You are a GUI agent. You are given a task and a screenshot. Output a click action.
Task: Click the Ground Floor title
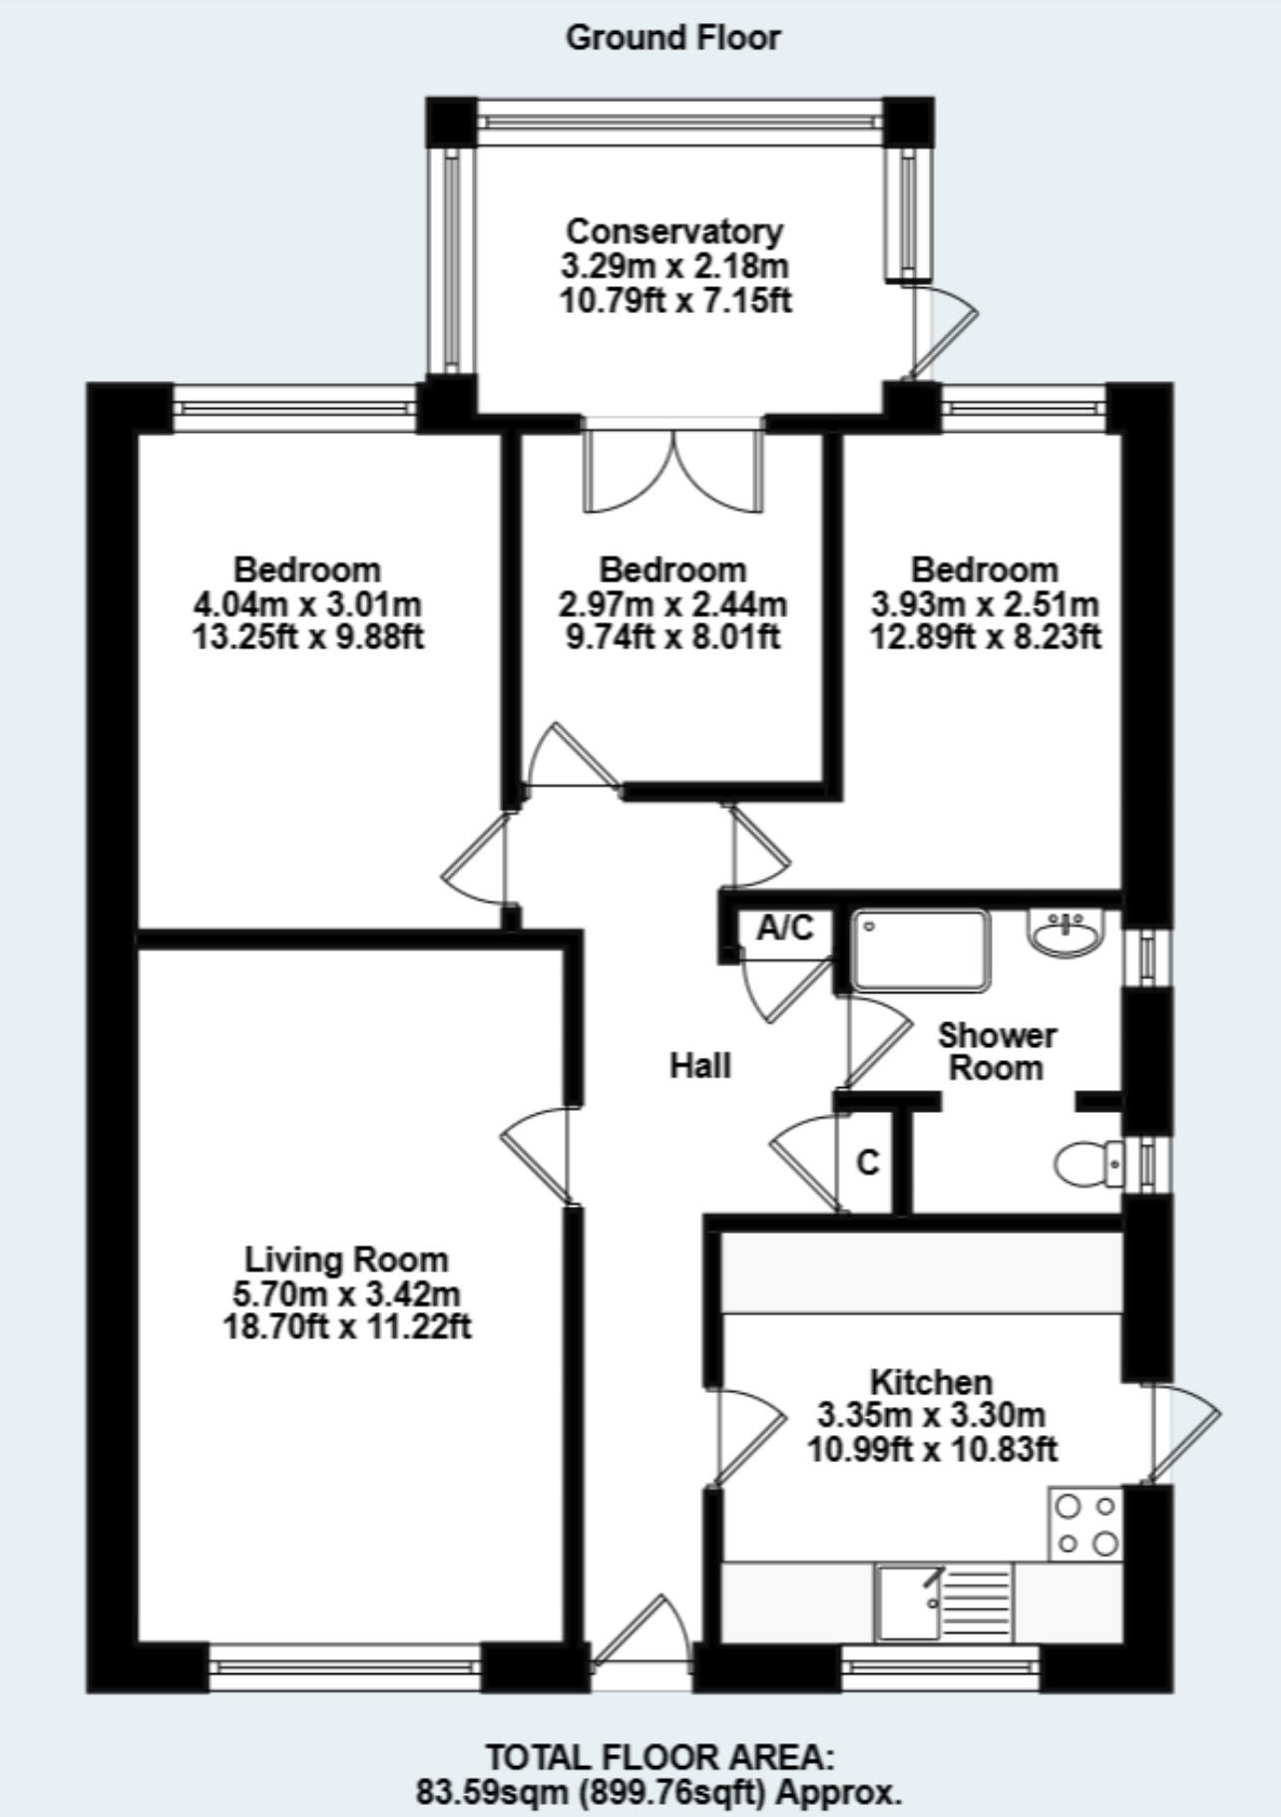click(x=672, y=38)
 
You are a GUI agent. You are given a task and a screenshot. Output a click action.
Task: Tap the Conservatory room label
click(x=673, y=231)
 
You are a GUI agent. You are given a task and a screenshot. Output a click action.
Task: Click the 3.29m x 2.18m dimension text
click(x=673, y=266)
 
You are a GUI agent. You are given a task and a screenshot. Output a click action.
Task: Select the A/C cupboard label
click(x=785, y=928)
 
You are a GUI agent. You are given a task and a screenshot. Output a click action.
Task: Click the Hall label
click(x=699, y=1066)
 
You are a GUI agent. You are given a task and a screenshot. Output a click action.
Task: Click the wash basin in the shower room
click(x=1066, y=934)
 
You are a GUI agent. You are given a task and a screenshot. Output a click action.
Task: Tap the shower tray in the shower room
click(x=921, y=950)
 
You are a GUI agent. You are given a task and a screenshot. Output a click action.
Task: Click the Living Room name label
click(x=346, y=1260)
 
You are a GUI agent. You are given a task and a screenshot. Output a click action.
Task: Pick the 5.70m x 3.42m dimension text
click(x=346, y=1294)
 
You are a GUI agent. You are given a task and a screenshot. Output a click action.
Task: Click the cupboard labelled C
click(x=868, y=1163)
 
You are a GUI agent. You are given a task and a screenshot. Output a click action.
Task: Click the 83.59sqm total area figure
click(x=492, y=1793)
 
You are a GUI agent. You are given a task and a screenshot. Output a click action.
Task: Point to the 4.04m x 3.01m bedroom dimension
click(x=307, y=604)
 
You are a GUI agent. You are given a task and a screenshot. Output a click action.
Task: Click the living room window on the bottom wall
click(x=345, y=1664)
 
